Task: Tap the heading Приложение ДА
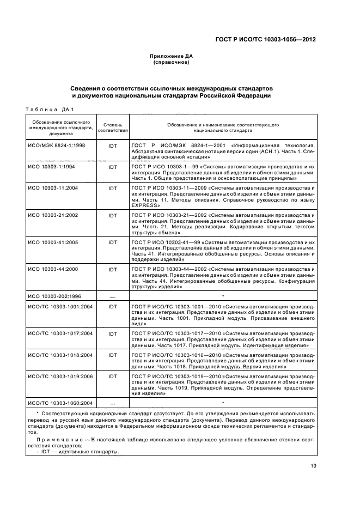point(172,57)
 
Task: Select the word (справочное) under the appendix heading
point(172,63)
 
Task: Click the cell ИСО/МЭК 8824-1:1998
point(53,147)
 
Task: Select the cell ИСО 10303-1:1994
point(51,165)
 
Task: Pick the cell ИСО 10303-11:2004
point(52,188)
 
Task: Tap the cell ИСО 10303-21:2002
point(52,215)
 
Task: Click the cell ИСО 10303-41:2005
point(52,242)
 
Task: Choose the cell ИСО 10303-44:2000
point(52,269)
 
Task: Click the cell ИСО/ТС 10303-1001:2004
point(60,306)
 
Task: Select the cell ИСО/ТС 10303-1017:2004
point(60,333)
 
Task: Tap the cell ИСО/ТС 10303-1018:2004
point(60,355)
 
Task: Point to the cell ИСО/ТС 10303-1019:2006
point(60,376)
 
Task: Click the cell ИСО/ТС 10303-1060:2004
point(60,403)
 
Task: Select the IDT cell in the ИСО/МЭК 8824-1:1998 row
point(113,147)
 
